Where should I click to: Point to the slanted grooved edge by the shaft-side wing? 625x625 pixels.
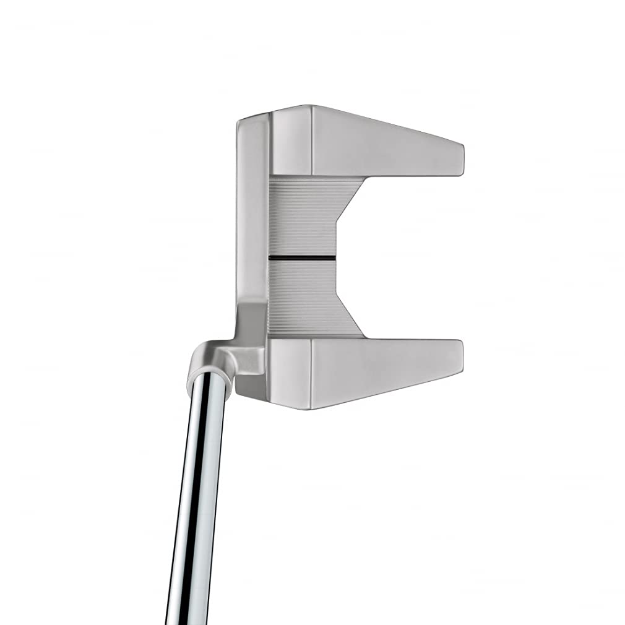348,316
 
